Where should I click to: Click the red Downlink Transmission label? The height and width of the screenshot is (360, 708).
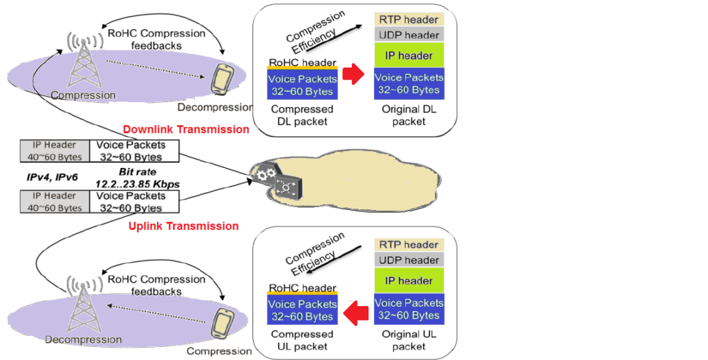pyautogui.click(x=185, y=129)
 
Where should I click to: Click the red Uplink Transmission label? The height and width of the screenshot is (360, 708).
pyautogui.click(x=183, y=226)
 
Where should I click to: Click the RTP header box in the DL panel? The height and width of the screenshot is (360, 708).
pyautogui.click(x=407, y=19)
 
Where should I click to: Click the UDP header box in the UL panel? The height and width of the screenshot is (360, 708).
pyautogui.click(x=407, y=260)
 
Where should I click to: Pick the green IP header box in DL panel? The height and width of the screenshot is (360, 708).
pyautogui.click(x=407, y=55)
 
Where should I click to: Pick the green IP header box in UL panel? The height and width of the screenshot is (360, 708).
pyautogui.click(x=407, y=281)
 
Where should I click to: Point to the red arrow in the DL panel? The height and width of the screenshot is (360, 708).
pyautogui.click(x=353, y=74)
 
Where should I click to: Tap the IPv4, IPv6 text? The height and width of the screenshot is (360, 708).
pyautogui.click(x=46, y=178)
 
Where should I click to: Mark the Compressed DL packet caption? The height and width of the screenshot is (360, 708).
pyautogui.click(x=301, y=115)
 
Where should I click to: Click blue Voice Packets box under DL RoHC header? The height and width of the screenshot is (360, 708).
pyautogui.click(x=301, y=85)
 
